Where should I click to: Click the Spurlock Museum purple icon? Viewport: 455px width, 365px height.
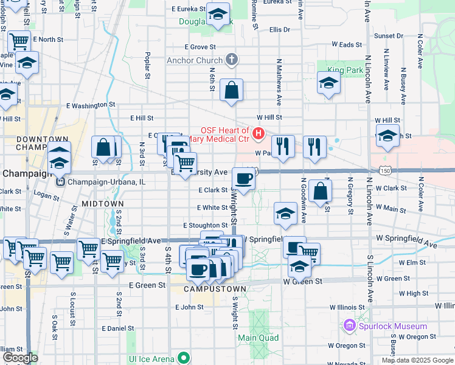pyautogui.click(x=349, y=326)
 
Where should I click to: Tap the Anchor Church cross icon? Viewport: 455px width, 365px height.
pyautogui.click(x=231, y=60)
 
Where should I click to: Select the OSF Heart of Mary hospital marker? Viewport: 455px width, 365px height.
pyautogui.click(x=259, y=133)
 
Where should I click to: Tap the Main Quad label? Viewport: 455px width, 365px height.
pyautogui.click(x=258, y=338)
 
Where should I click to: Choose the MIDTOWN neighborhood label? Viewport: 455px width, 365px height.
pyautogui.click(x=102, y=203)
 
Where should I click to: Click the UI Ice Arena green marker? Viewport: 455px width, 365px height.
pyautogui.click(x=182, y=358)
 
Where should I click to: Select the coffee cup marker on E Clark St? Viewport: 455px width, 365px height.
pyautogui.click(x=243, y=178)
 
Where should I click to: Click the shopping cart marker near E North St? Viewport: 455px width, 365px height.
pyautogui.click(x=19, y=41)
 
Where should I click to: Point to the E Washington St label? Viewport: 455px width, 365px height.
pyautogui.click(x=91, y=105)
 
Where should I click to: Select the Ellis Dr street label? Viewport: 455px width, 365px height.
pyautogui.click(x=280, y=29)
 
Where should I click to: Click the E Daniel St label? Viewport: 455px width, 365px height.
pyautogui.click(x=118, y=328)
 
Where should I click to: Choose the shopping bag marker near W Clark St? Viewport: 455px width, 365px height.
pyautogui.click(x=320, y=190)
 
